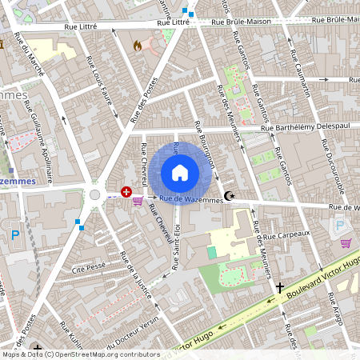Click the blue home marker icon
(x=180, y=173)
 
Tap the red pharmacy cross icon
(x=126, y=192)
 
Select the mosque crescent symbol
(x=230, y=196)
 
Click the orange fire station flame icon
(x=138, y=46)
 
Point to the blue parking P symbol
(x=14, y=235)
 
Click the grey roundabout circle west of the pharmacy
(x=95, y=194)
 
